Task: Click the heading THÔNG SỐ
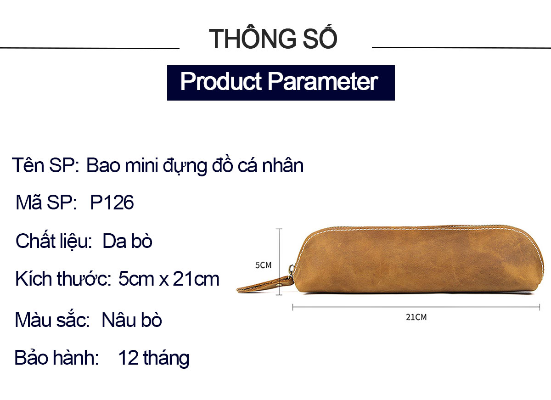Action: tap(273, 37)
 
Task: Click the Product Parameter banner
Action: tap(281, 83)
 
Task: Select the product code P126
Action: tap(112, 203)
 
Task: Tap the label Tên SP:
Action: tap(45, 165)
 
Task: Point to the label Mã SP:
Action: tap(46, 202)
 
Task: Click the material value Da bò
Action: tap(128, 241)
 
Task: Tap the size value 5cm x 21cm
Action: tap(169, 279)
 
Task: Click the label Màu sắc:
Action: tap(52, 320)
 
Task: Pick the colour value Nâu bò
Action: tap(132, 320)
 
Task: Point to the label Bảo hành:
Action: tap(56, 358)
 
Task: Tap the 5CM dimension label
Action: tap(263, 265)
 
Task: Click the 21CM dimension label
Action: tap(416, 317)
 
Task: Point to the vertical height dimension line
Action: tap(279, 262)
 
